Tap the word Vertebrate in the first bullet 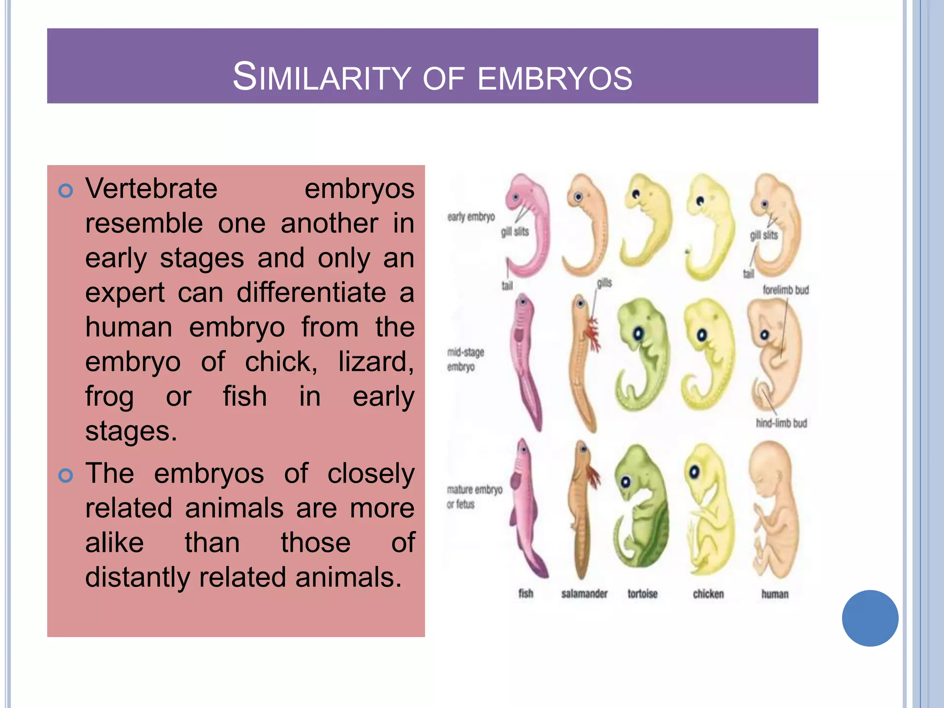[151, 189]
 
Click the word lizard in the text [375, 362]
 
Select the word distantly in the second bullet [137, 577]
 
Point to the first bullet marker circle [66, 190]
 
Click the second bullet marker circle [66, 475]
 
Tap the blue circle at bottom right [870, 618]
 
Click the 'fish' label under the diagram [525, 594]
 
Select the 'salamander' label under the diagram [584, 594]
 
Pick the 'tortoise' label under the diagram [642, 594]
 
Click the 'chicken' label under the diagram [708, 594]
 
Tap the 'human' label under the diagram [774, 594]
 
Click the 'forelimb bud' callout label [785, 290]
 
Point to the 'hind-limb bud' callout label [781, 423]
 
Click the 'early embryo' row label [471, 217]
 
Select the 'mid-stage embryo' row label [465, 360]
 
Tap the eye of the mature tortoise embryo [625, 482]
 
